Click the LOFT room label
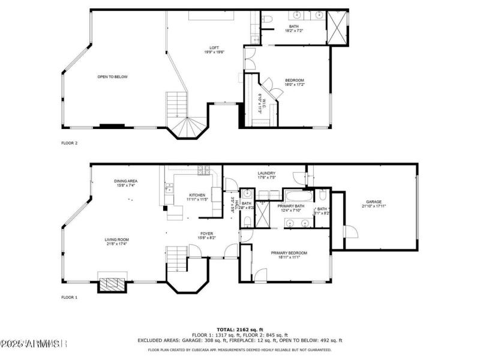click(214, 48)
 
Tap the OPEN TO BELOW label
click(113, 77)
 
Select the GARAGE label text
click(374, 202)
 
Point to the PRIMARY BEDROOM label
click(289, 253)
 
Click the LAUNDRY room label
click(266, 173)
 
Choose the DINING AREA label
click(126, 181)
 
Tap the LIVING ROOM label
click(117, 240)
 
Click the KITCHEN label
click(197, 195)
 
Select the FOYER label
click(206, 234)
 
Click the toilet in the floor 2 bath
click(268, 20)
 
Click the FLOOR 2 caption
click(70, 143)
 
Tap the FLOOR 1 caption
click(70, 297)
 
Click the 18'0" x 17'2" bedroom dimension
click(294, 85)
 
